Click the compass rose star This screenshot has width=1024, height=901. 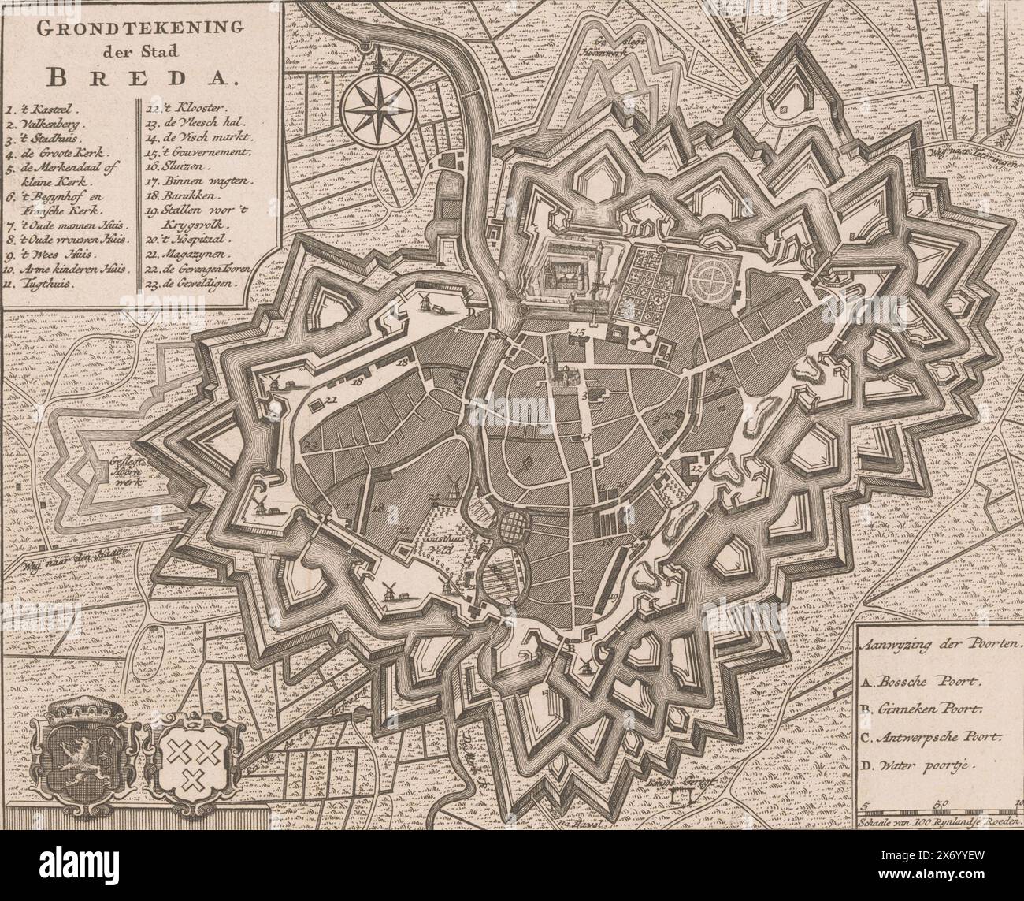coord(375,106)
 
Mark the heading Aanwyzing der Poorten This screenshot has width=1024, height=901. coord(937,642)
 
